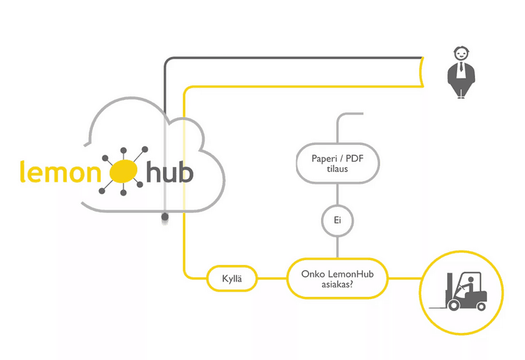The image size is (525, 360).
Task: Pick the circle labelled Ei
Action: tap(337, 221)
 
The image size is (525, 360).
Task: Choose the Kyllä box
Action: tap(232, 279)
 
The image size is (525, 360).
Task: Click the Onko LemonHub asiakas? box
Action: tap(337, 279)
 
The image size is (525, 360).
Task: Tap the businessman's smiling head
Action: tap(460, 53)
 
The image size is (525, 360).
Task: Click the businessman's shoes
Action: tap(460, 96)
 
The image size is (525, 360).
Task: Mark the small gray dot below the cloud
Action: tap(164, 218)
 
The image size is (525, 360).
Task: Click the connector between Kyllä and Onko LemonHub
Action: tap(272, 279)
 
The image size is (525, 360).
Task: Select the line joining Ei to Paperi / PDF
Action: tap(337, 195)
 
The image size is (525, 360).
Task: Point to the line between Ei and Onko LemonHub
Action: tap(337, 246)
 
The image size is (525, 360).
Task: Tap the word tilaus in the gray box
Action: tap(337, 169)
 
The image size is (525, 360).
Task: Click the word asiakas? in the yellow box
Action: tap(337, 284)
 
